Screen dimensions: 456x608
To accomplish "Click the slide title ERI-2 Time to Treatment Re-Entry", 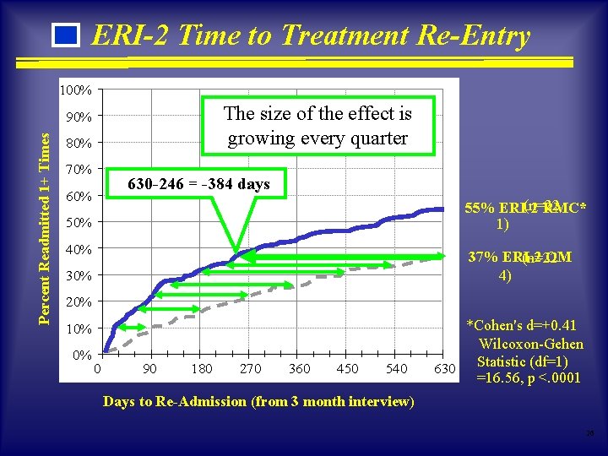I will click(310, 35).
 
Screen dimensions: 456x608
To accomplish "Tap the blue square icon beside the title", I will click(65, 36).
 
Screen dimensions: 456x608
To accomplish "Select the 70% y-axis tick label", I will click(79, 169).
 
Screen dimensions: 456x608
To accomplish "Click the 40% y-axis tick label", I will click(79, 249).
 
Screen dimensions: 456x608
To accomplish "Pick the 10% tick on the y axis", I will click(79, 328).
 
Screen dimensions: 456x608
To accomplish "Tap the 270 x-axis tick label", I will click(250, 368).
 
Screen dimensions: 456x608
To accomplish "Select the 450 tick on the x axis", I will click(347, 368).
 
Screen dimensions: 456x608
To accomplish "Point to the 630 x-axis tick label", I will click(444, 368).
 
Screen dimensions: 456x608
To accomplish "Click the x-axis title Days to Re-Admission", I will click(258, 402).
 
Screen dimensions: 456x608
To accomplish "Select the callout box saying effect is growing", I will click(318, 126).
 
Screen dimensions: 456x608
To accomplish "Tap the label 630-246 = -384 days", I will click(198, 184).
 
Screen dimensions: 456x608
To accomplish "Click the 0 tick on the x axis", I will click(98, 368).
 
